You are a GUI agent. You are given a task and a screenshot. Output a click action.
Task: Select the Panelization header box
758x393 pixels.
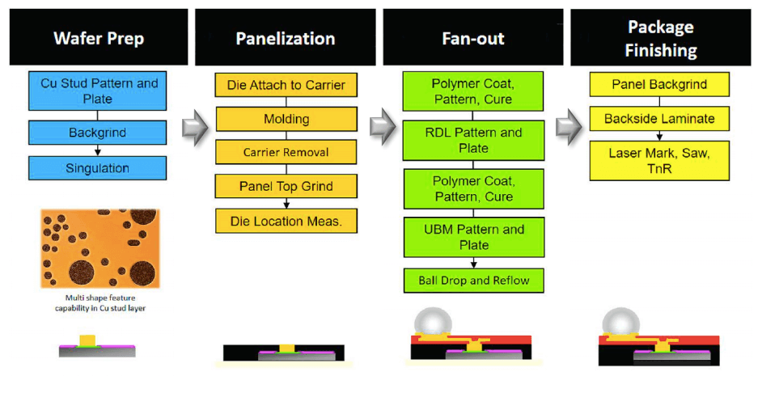click(x=285, y=38)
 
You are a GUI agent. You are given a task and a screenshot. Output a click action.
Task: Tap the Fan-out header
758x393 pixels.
click(x=473, y=38)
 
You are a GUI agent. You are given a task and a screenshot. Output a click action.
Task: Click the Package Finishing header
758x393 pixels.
click(x=660, y=38)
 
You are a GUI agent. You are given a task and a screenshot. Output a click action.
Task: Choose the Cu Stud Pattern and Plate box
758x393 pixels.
click(x=99, y=91)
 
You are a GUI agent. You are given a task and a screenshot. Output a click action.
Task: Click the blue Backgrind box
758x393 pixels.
click(x=99, y=132)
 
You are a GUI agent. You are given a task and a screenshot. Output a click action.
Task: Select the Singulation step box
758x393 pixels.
click(x=99, y=168)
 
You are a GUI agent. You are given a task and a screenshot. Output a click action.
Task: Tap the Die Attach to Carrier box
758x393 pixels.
click(x=286, y=85)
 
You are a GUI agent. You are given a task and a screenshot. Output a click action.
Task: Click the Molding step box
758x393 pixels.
click(x=286, y=119)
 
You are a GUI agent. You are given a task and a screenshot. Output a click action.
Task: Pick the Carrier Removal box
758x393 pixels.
click(x=286, y=152)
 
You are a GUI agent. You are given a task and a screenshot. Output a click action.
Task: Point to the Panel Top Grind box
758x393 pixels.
click(x=286, y=186)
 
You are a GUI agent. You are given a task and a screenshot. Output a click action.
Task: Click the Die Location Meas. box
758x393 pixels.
click(x=286, y=220)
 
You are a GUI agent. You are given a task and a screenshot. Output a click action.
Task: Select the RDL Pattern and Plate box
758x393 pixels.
click(x=473, y=140)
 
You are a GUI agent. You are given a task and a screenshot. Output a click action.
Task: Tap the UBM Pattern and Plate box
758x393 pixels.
click(x=473, y=237)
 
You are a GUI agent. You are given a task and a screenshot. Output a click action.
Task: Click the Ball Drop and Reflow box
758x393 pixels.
click(x=473, y=280)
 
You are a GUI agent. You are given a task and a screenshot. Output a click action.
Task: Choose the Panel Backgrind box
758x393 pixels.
click(x=659, y=85)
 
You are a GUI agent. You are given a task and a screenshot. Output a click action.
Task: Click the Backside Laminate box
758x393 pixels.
click(x=659, y=119)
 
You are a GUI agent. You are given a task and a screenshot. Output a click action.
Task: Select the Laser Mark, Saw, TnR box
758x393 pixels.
click(x=659, y=160)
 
